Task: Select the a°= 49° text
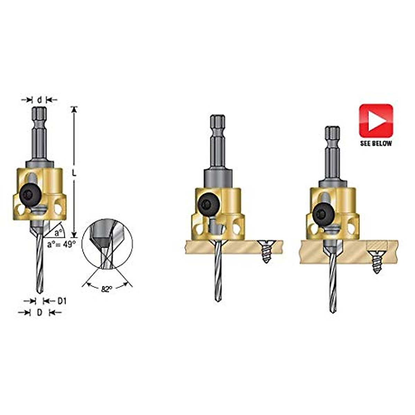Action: click(61, 244)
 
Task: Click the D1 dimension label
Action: click(62, 301)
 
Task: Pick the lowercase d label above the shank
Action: click(39, 100)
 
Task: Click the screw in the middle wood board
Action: click(266, 252)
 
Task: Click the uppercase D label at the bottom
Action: click(39, 312)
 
